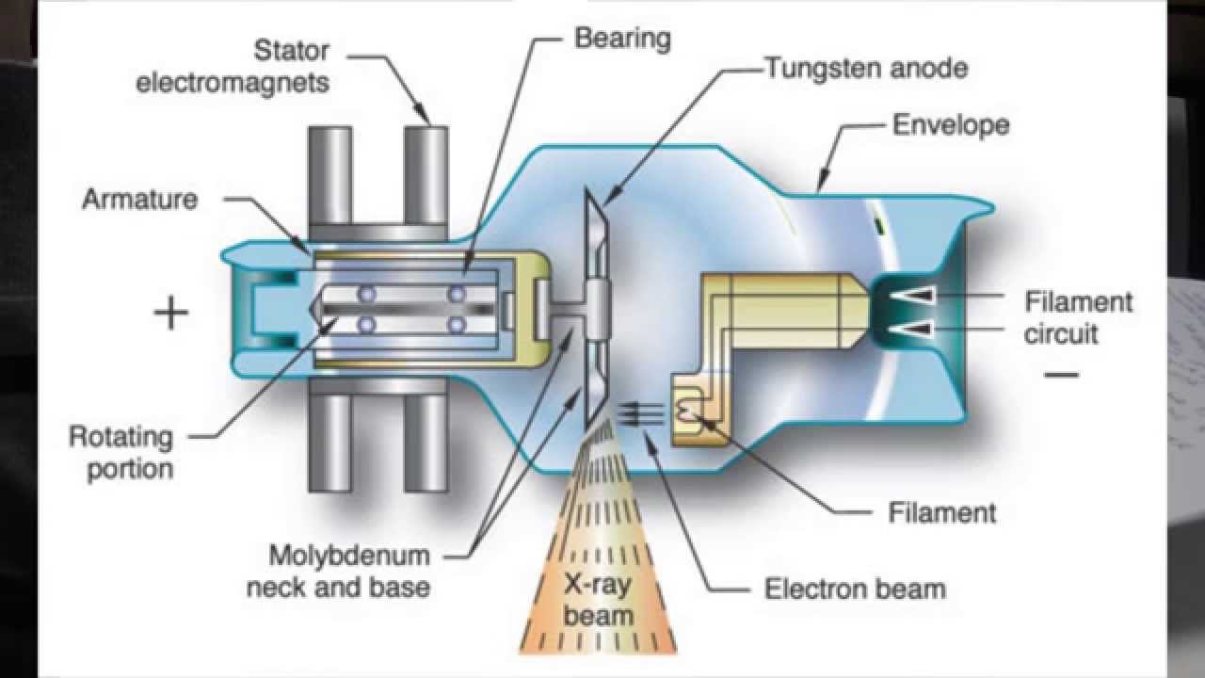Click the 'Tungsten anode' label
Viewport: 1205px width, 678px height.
click(865, 68)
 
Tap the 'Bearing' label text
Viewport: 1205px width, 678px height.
click(622, 39)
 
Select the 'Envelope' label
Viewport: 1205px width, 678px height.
click(950, 124)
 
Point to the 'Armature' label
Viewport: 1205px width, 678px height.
click(139, 199)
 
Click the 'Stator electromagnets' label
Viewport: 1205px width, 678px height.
click(233, 65)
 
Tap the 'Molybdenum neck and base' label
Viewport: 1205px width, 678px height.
click(337, 570)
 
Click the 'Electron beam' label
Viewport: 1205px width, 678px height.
click(855, 589)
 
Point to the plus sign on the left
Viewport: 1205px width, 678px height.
click(171, 314)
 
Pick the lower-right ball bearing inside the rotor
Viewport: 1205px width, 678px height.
click(458, 325)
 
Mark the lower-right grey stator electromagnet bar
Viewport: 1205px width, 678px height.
click(427, 443)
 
